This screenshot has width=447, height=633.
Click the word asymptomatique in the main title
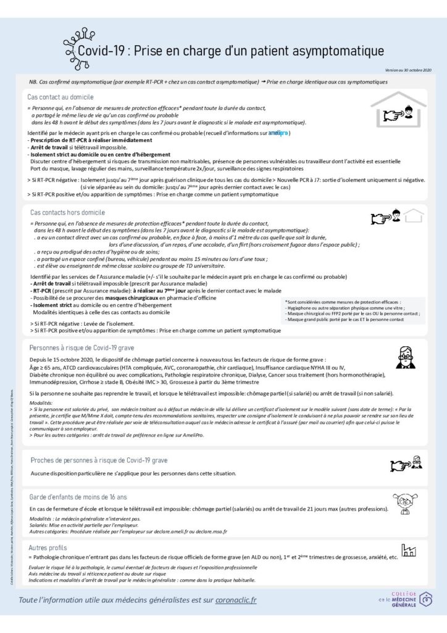[333, 49]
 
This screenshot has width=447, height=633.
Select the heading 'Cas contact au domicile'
[61, 97]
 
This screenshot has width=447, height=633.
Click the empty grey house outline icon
[416, 216]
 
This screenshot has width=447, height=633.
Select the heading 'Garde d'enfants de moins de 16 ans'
[78, 496]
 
